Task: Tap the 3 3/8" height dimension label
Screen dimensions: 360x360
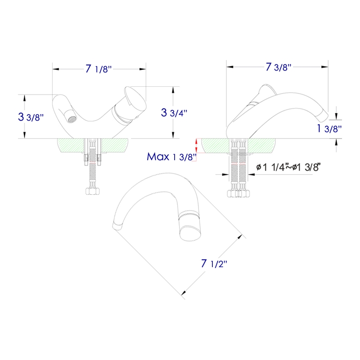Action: click(31, 117)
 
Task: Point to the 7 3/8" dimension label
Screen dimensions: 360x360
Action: click(278, 67)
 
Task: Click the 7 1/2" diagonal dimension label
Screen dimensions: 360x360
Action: click(214, 263)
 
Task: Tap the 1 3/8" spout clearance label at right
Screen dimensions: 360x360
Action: click(329, 129)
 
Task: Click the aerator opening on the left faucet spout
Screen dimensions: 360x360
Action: click(70, 119)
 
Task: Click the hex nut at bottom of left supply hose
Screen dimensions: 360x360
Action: click(92, 192)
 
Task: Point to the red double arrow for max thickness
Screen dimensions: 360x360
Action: click(196, 145)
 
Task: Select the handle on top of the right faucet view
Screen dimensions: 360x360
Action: click(263, 92)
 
